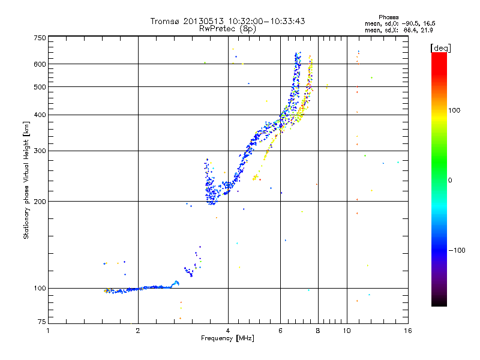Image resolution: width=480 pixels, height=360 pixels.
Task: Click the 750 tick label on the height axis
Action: click(x=40, y=37)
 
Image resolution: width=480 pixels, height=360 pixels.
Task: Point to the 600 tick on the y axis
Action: click(x=40, y=64)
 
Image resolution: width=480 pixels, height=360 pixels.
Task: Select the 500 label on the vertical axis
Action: click(x=40, y=86)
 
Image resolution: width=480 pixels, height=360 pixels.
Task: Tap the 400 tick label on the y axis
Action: click(x=40, y=115)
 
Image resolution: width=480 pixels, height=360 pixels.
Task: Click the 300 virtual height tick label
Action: click(x=40, y=151)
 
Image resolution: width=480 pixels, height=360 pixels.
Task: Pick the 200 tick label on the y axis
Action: click(x=40, y=201)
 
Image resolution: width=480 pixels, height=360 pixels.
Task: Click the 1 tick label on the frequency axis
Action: click(x=49, y=331)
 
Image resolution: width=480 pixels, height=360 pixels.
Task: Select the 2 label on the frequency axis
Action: click(x=138, y=331)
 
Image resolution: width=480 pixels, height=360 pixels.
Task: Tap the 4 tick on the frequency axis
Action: click(x=228, y=331)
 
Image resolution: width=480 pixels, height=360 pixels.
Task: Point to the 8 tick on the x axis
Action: click(x=318, y=331)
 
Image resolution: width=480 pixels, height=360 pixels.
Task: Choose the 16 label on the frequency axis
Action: click(x=407, y=331)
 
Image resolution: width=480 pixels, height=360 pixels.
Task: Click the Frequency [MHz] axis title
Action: click(x=228, y=338)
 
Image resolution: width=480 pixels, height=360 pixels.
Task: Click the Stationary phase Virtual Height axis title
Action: click(x=26, y=180)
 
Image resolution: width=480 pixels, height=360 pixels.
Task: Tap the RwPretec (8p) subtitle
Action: click(x=228, y=28)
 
